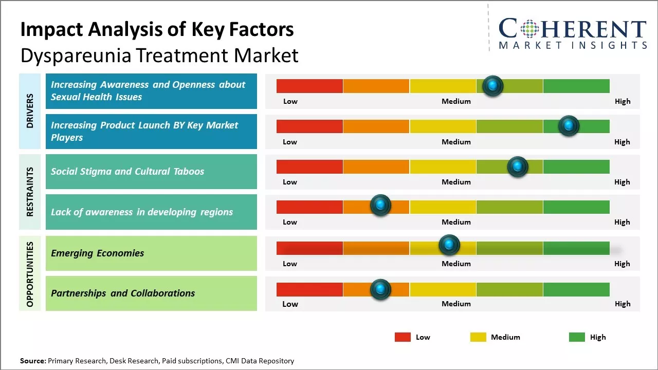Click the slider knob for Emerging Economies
click(449, 245)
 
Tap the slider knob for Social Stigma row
click(518, 166)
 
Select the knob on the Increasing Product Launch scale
click(569, 126)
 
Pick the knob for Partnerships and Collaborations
click(380, 289)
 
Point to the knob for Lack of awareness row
click(380, 206)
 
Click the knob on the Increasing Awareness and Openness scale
click(493, 86)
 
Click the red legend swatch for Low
click(403, 337)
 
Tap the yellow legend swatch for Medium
click(478, 337)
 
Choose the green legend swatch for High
click(577, 337)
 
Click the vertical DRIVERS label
click(30, 110)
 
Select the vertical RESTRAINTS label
click(30, 191)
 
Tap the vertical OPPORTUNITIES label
click(30, 274)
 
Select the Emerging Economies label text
click(97, 253)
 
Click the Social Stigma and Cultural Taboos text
click(127, 172)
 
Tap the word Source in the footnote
click(33, 361)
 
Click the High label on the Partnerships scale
click(623, 304)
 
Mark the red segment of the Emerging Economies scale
click(309, 248)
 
